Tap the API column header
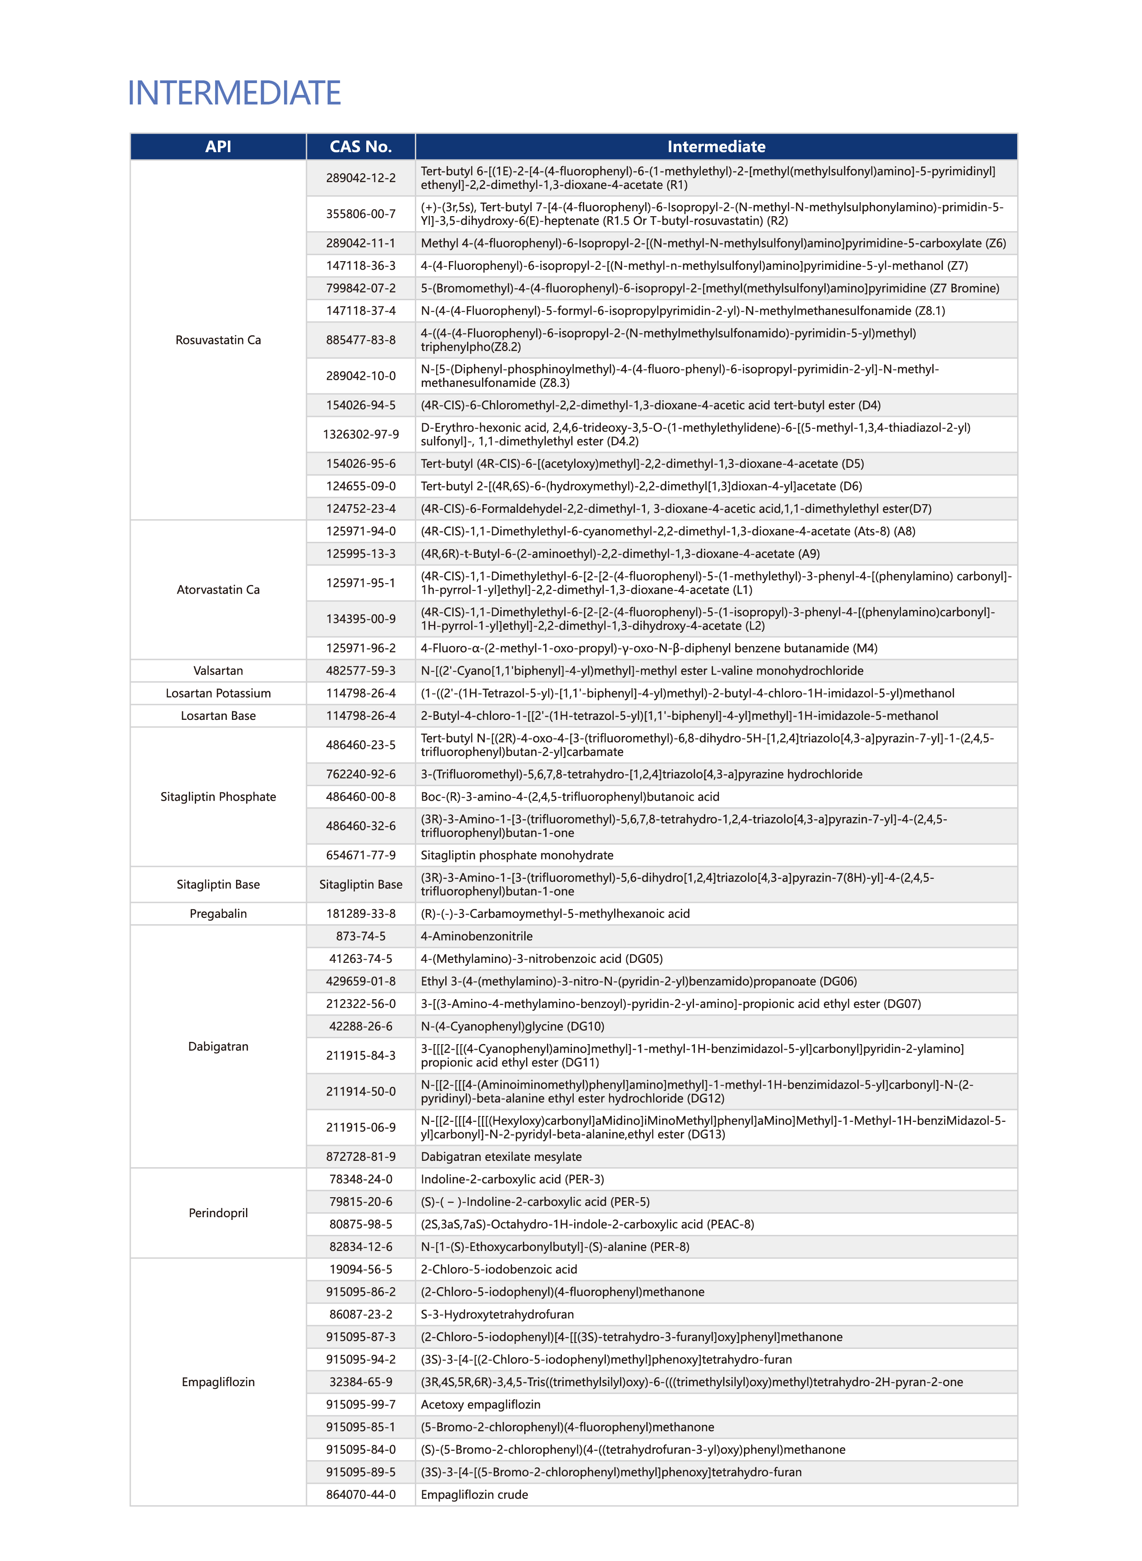click(218, 147)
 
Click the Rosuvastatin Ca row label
click(218, 340)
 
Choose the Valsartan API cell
click(218, 671)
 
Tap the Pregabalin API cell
click(218, 914)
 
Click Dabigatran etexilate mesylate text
click(501, 1156)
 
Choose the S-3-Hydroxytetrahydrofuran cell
click(497, 1314)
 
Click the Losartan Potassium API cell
click(218, 693)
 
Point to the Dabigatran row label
click(218, 1046)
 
